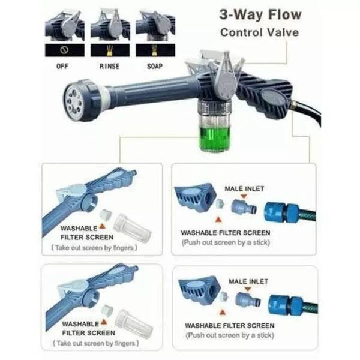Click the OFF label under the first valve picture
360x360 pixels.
pos(62,67)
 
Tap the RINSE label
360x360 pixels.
pos(109,67)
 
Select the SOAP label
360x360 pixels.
pos(155,67)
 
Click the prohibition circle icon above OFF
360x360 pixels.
pos(64,50)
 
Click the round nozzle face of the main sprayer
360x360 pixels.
pos(73,101)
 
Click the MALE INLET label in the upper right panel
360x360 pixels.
pos(244,189)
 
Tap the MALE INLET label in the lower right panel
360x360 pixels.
pos(248,281)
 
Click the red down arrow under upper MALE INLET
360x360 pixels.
pos(244,196)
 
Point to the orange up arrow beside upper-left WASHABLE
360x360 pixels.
pos(103,227)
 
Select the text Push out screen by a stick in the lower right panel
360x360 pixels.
pos(230,335)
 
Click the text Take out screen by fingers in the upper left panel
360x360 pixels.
pos(94,248)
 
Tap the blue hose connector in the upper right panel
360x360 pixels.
pos(281,212)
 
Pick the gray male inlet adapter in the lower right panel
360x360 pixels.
pos(247,299)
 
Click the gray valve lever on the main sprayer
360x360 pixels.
pos(226,76)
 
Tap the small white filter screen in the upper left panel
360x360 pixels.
pos(106,214)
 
